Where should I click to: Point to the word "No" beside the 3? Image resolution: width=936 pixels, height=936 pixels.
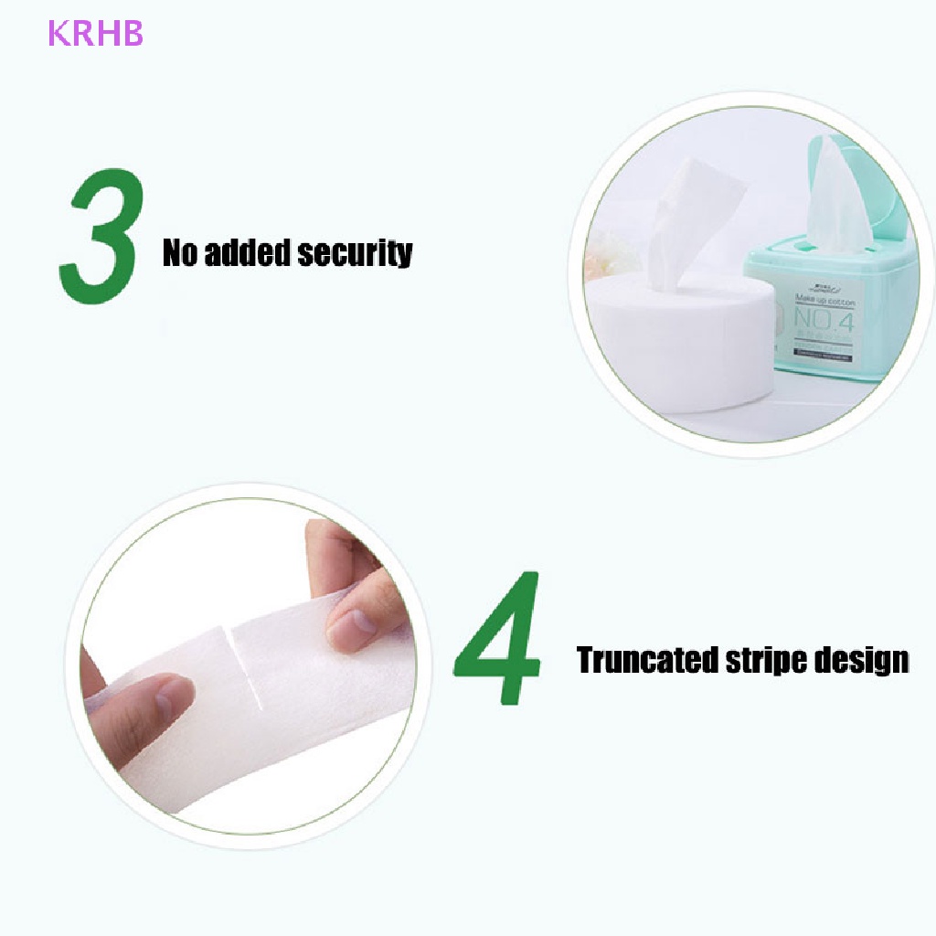180,252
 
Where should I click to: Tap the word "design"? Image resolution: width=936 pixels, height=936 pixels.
864,660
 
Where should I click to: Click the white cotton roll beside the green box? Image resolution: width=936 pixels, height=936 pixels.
681,338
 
